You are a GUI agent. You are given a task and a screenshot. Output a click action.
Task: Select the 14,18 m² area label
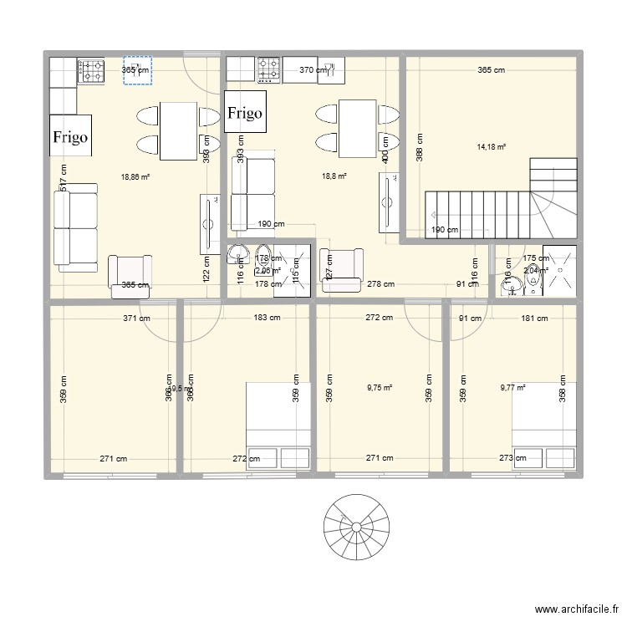[492, 146]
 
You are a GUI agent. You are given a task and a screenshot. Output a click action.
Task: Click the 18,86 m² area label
[135, 177]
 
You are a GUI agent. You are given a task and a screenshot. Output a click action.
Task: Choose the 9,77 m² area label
[512, 387]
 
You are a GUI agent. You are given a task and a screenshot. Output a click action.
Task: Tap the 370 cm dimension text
[313, 71]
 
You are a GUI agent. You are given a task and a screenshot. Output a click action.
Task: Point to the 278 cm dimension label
[380, 285]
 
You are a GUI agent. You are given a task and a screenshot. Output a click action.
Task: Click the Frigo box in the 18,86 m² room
[70, 135]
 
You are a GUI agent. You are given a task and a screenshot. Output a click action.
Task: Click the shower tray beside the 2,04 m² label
[559, 270]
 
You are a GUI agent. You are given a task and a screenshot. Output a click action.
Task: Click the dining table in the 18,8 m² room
[356, 128]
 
